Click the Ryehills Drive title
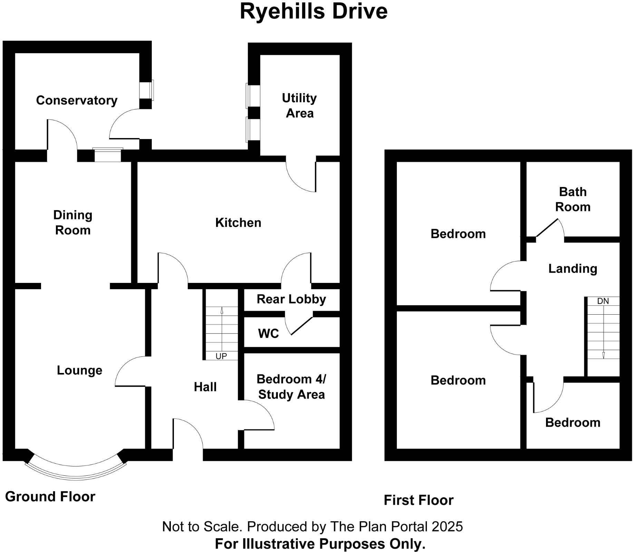(x=313, y=11)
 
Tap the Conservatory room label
(x=77, y=100)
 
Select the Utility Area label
(x=299, y=106)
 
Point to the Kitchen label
(x=238, y=223)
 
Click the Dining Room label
(x=73, y=223)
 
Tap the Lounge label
(x=79, y=371)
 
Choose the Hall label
(x=205, y=387)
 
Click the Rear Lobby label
(x=291, y=299)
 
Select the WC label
(x=269, y=334)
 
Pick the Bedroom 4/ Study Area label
(x=291, y=387)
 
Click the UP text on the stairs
(x=221, y=356)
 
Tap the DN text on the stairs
(x=603, y=301)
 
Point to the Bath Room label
(x=573, y=199)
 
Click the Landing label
(x=573, y=269)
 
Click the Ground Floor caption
(x=50, y=497)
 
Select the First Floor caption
(x=419, y=500)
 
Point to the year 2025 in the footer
(x=447, y=527)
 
